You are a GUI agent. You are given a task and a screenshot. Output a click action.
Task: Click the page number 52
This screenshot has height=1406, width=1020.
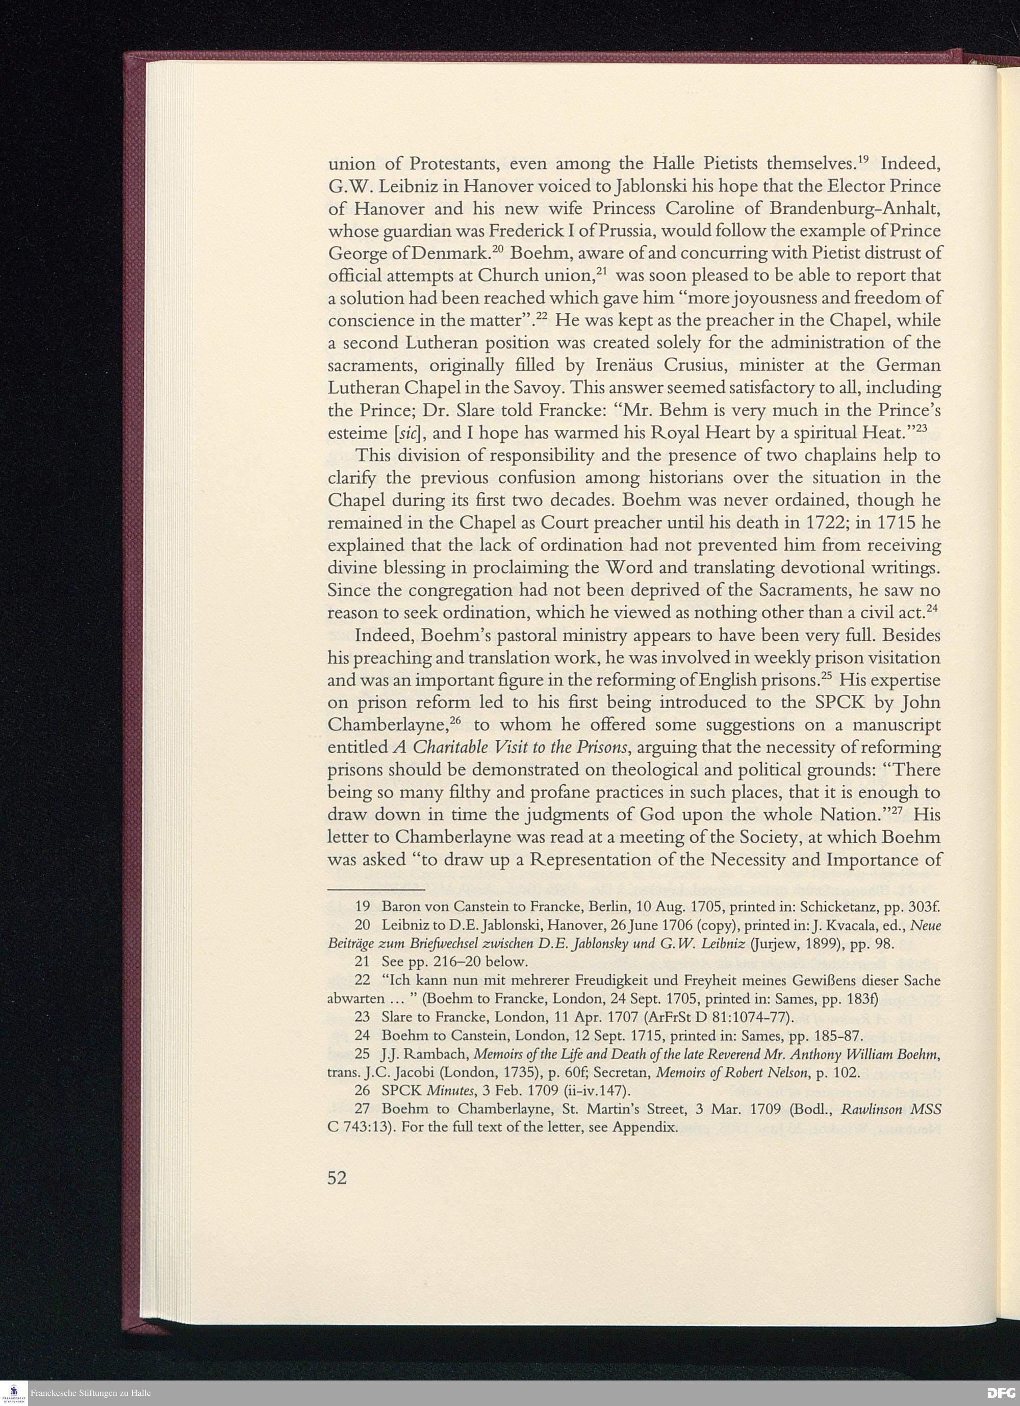coord(337,1177)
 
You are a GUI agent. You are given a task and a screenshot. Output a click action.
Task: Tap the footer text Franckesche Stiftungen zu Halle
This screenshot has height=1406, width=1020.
coord(91,1394)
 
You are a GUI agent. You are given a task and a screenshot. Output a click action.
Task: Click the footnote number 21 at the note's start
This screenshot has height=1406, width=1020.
coord(363,962)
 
